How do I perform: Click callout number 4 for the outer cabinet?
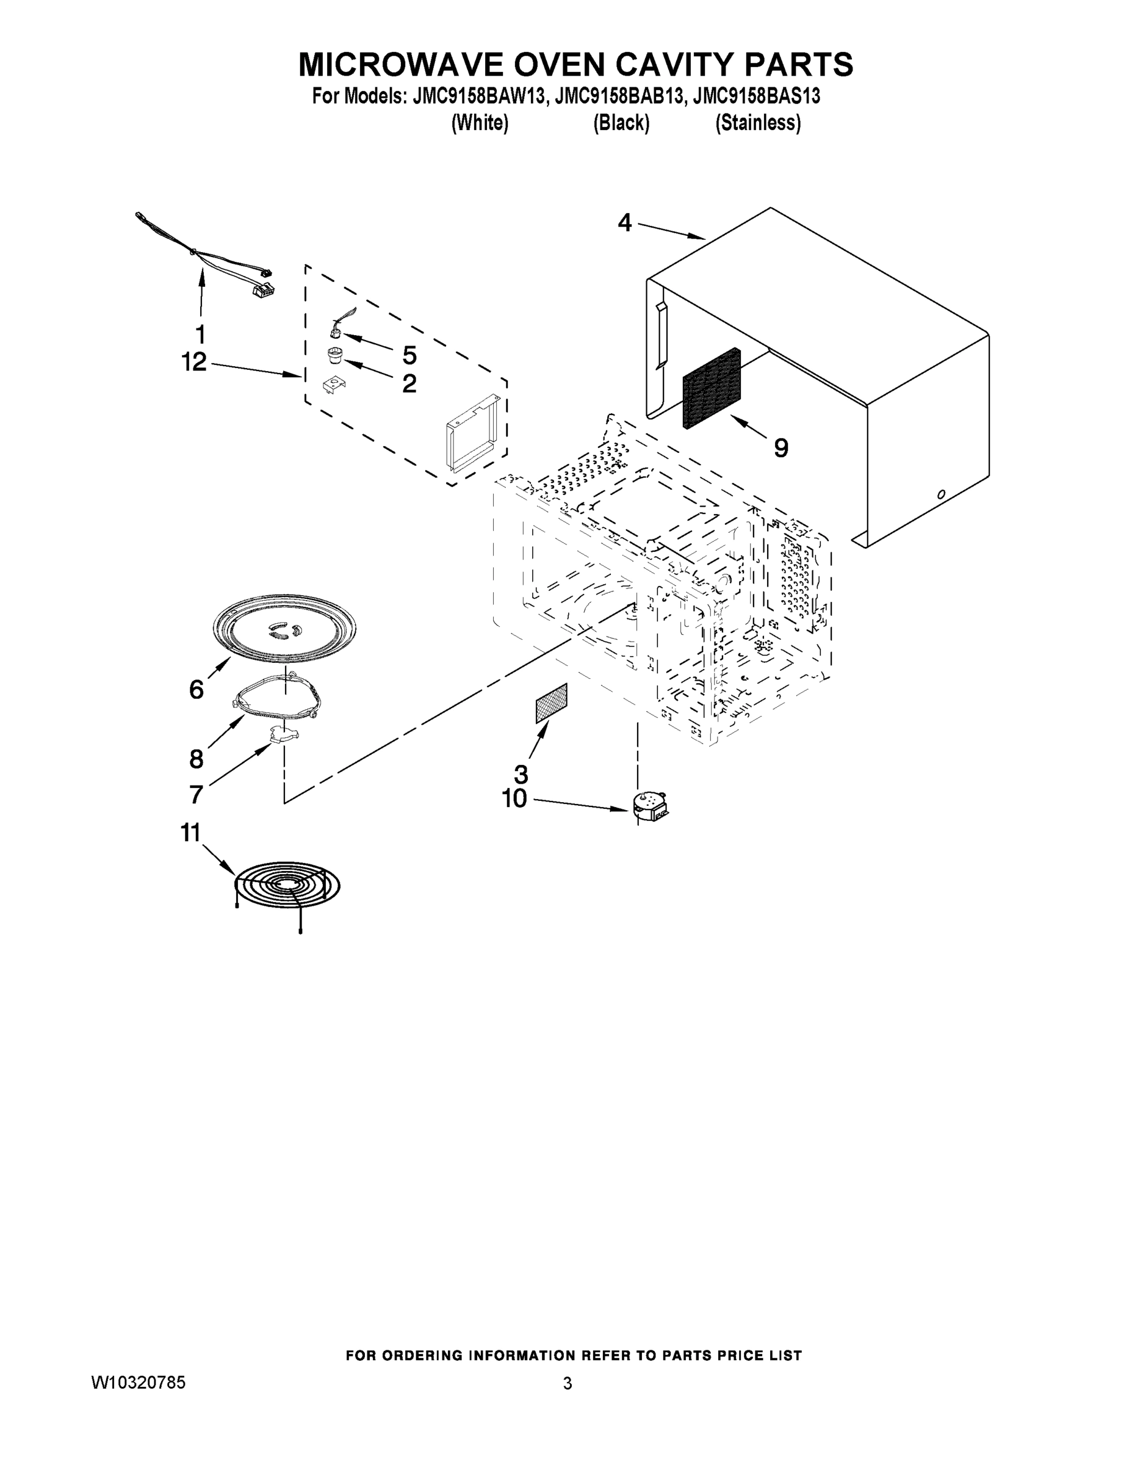click(x=624, y=222)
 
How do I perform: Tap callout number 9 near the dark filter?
click(x=781, y=448)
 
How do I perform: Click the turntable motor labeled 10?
click(x=649, y=805)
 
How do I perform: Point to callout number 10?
click(x=514, y=799)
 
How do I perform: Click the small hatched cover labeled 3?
click(x=551, y=703)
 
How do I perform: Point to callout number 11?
click(x=190, y=833)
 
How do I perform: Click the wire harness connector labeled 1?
click(x=262, y=289)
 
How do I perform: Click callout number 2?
click(x=409, y=384)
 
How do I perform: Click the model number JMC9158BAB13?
click(x=619, y=97)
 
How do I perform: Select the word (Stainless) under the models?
click(x=758, y=123)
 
